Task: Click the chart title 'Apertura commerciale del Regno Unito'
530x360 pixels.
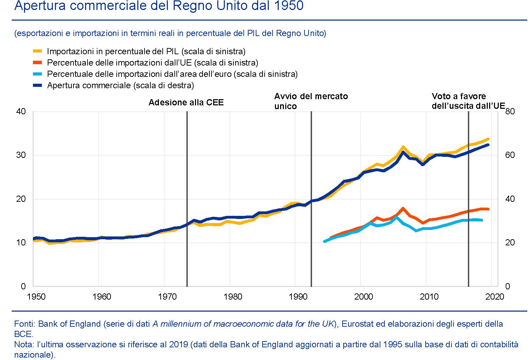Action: [x=159, y=6]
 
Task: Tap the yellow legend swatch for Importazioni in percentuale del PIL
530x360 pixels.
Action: [x=37, y=51]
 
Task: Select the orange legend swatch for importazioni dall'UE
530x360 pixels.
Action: [x=37, y=63]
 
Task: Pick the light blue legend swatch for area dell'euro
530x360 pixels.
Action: [x=37, y=74]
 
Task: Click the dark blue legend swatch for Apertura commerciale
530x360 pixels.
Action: [x=37, y=85]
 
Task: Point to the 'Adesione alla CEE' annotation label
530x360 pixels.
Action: [x=186, y=103]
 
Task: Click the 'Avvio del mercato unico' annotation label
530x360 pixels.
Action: [x=311, y=101]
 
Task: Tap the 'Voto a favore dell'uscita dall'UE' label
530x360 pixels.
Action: [x=468, y=101]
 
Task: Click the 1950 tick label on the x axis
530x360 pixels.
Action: [x=36, y=297]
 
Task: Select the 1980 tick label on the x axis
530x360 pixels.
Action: [x=233, y=297]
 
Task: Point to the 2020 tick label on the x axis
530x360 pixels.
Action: [x=495, y=297]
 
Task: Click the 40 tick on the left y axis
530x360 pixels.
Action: [x=21, y=112]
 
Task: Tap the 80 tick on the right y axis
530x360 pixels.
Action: [x=510, y=112]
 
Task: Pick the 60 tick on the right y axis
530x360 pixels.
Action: [x=510, y=155]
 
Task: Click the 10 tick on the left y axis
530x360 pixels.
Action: [x=21, y=243]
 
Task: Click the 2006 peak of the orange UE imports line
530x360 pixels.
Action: [x=403, y=208]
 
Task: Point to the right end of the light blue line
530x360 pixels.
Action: [x=482, y=220]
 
